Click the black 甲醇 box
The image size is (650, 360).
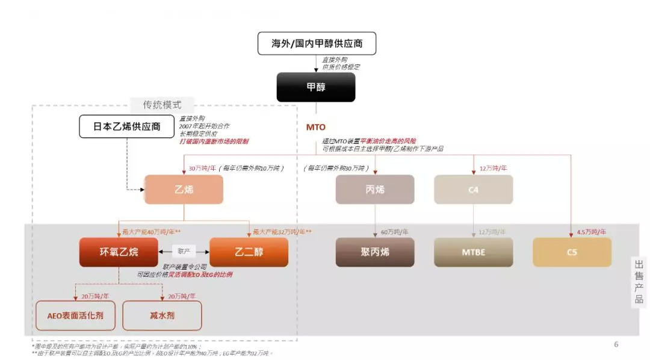tap(316, 87)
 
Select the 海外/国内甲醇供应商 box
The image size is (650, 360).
tap(316, 44)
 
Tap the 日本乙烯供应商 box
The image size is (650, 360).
tap(127, 126)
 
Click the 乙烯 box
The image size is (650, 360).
tap(184, 189)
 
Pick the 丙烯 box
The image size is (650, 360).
tap(374, 189)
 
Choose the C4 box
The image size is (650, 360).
tap(473, 189)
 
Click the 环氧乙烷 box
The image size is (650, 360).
tap(119, 252)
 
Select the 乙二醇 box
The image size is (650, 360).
tap(249, 252)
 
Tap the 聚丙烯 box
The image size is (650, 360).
tap(374, 252)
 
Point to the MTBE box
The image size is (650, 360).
tap(473, 252)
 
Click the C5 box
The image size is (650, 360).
tap(572, 252)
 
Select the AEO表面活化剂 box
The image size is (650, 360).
tap(75, 315)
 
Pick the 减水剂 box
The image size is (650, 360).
tap(162, 315)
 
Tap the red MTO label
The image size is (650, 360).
tap(316, 127)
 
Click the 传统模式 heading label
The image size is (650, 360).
tap(162, 104)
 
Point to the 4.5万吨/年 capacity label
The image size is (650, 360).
tap(591, 231)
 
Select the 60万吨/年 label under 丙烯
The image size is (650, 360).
tap(394, 231)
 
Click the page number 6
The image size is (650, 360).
tap(616, 344)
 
